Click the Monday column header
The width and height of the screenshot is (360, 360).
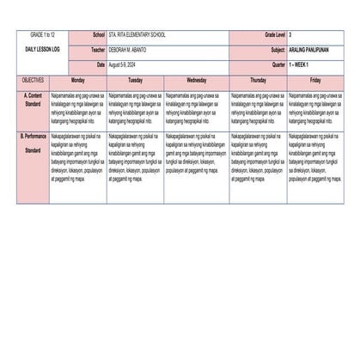point(77,79)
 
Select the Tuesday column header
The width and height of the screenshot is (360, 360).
point(136,79)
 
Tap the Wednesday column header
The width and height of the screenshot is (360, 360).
point(195,79)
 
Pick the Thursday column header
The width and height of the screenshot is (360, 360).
point(258,79)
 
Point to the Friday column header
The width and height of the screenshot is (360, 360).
point(315,79)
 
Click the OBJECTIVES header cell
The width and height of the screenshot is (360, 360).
point(33,79)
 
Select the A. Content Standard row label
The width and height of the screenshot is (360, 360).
point(33,99)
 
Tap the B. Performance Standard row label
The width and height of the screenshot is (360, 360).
point(33,143)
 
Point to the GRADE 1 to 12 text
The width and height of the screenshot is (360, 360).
point(41,34)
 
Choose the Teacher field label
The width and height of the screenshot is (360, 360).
point(98,50)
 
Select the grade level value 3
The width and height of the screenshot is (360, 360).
point(290,34)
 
